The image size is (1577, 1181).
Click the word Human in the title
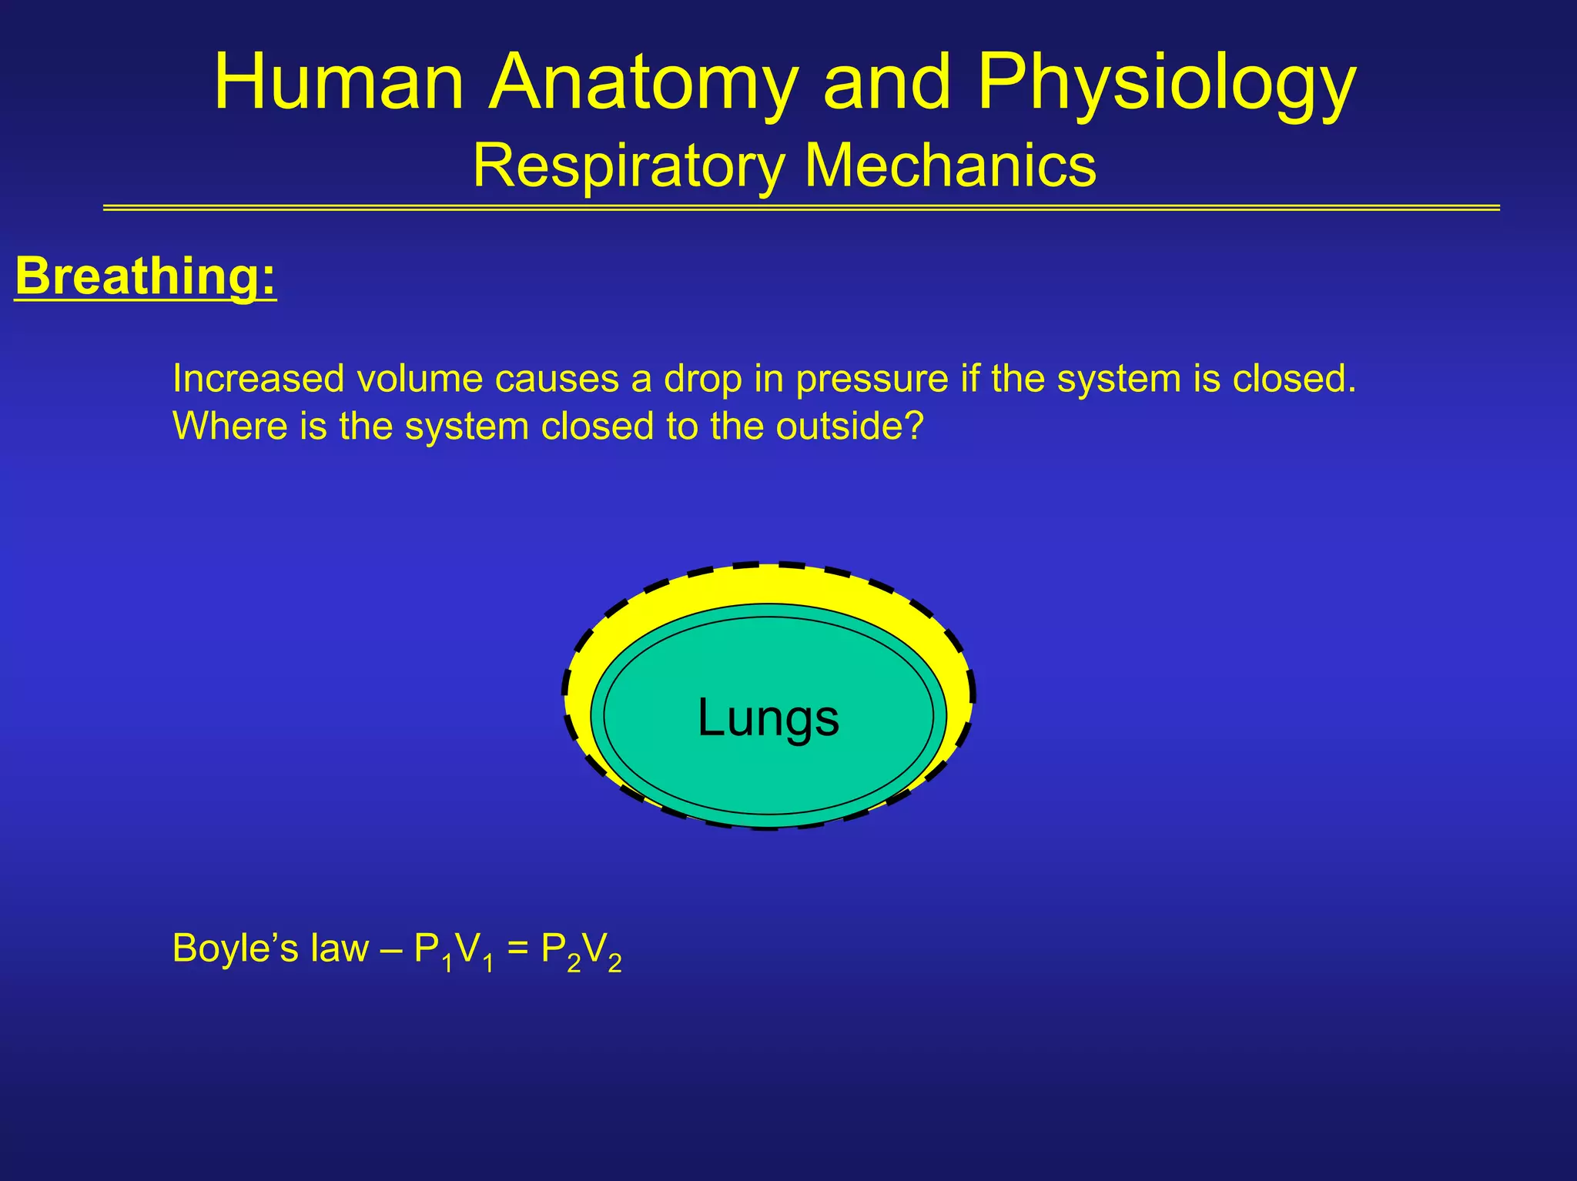(339, 83)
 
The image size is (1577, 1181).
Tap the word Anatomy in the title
(642, 83)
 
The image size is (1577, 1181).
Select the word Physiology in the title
(1166, 83)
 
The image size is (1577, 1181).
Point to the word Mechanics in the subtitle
(950, 165)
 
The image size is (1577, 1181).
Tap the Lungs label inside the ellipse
(768, 718)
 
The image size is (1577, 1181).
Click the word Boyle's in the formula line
(236, 948)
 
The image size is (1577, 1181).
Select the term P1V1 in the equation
(454, 952)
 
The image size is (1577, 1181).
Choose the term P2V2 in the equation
(581, 952)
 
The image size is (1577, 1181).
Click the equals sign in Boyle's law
(517, 948)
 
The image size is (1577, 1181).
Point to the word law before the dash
(340, 948)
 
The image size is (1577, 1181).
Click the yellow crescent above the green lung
(768, 584)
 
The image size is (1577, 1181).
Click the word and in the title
(886, 83)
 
